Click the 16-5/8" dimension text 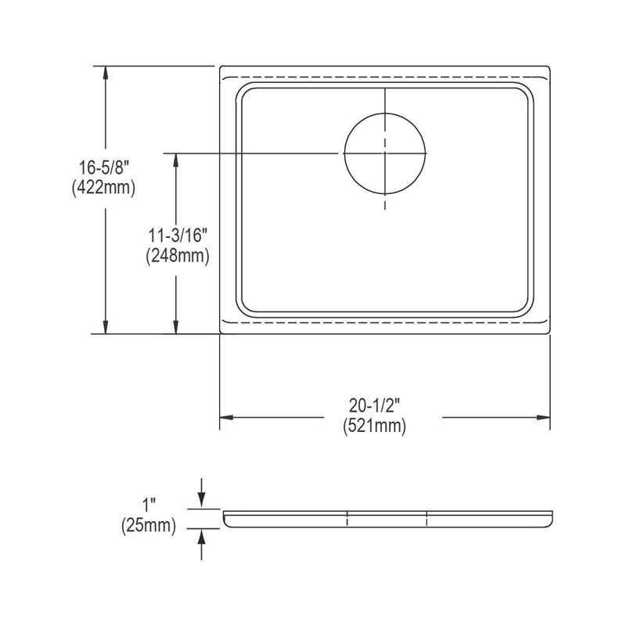click(x=103, y=167)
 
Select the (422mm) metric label click(x=103, y=188)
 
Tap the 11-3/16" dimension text click(x=178, y=236)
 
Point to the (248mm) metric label click(x=178, y=256)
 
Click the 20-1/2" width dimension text click(x=375, y=406)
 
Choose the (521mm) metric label click(x=375, y=426)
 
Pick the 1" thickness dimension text click(x=149, y=505)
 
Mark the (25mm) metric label click(x=149, y=525)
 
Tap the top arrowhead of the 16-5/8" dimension click(x=106, y=73)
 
